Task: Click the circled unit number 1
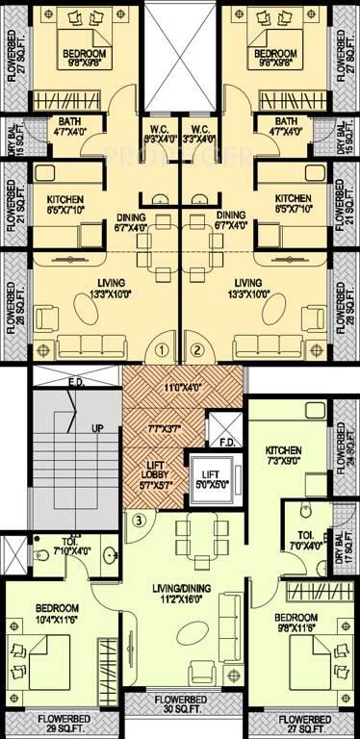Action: tap(163, 349)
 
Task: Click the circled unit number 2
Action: tap(198, 349)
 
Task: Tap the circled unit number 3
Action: tap(139, 522)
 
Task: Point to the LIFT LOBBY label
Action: tap(148, 471)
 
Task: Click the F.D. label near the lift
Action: tap(227, 443)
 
